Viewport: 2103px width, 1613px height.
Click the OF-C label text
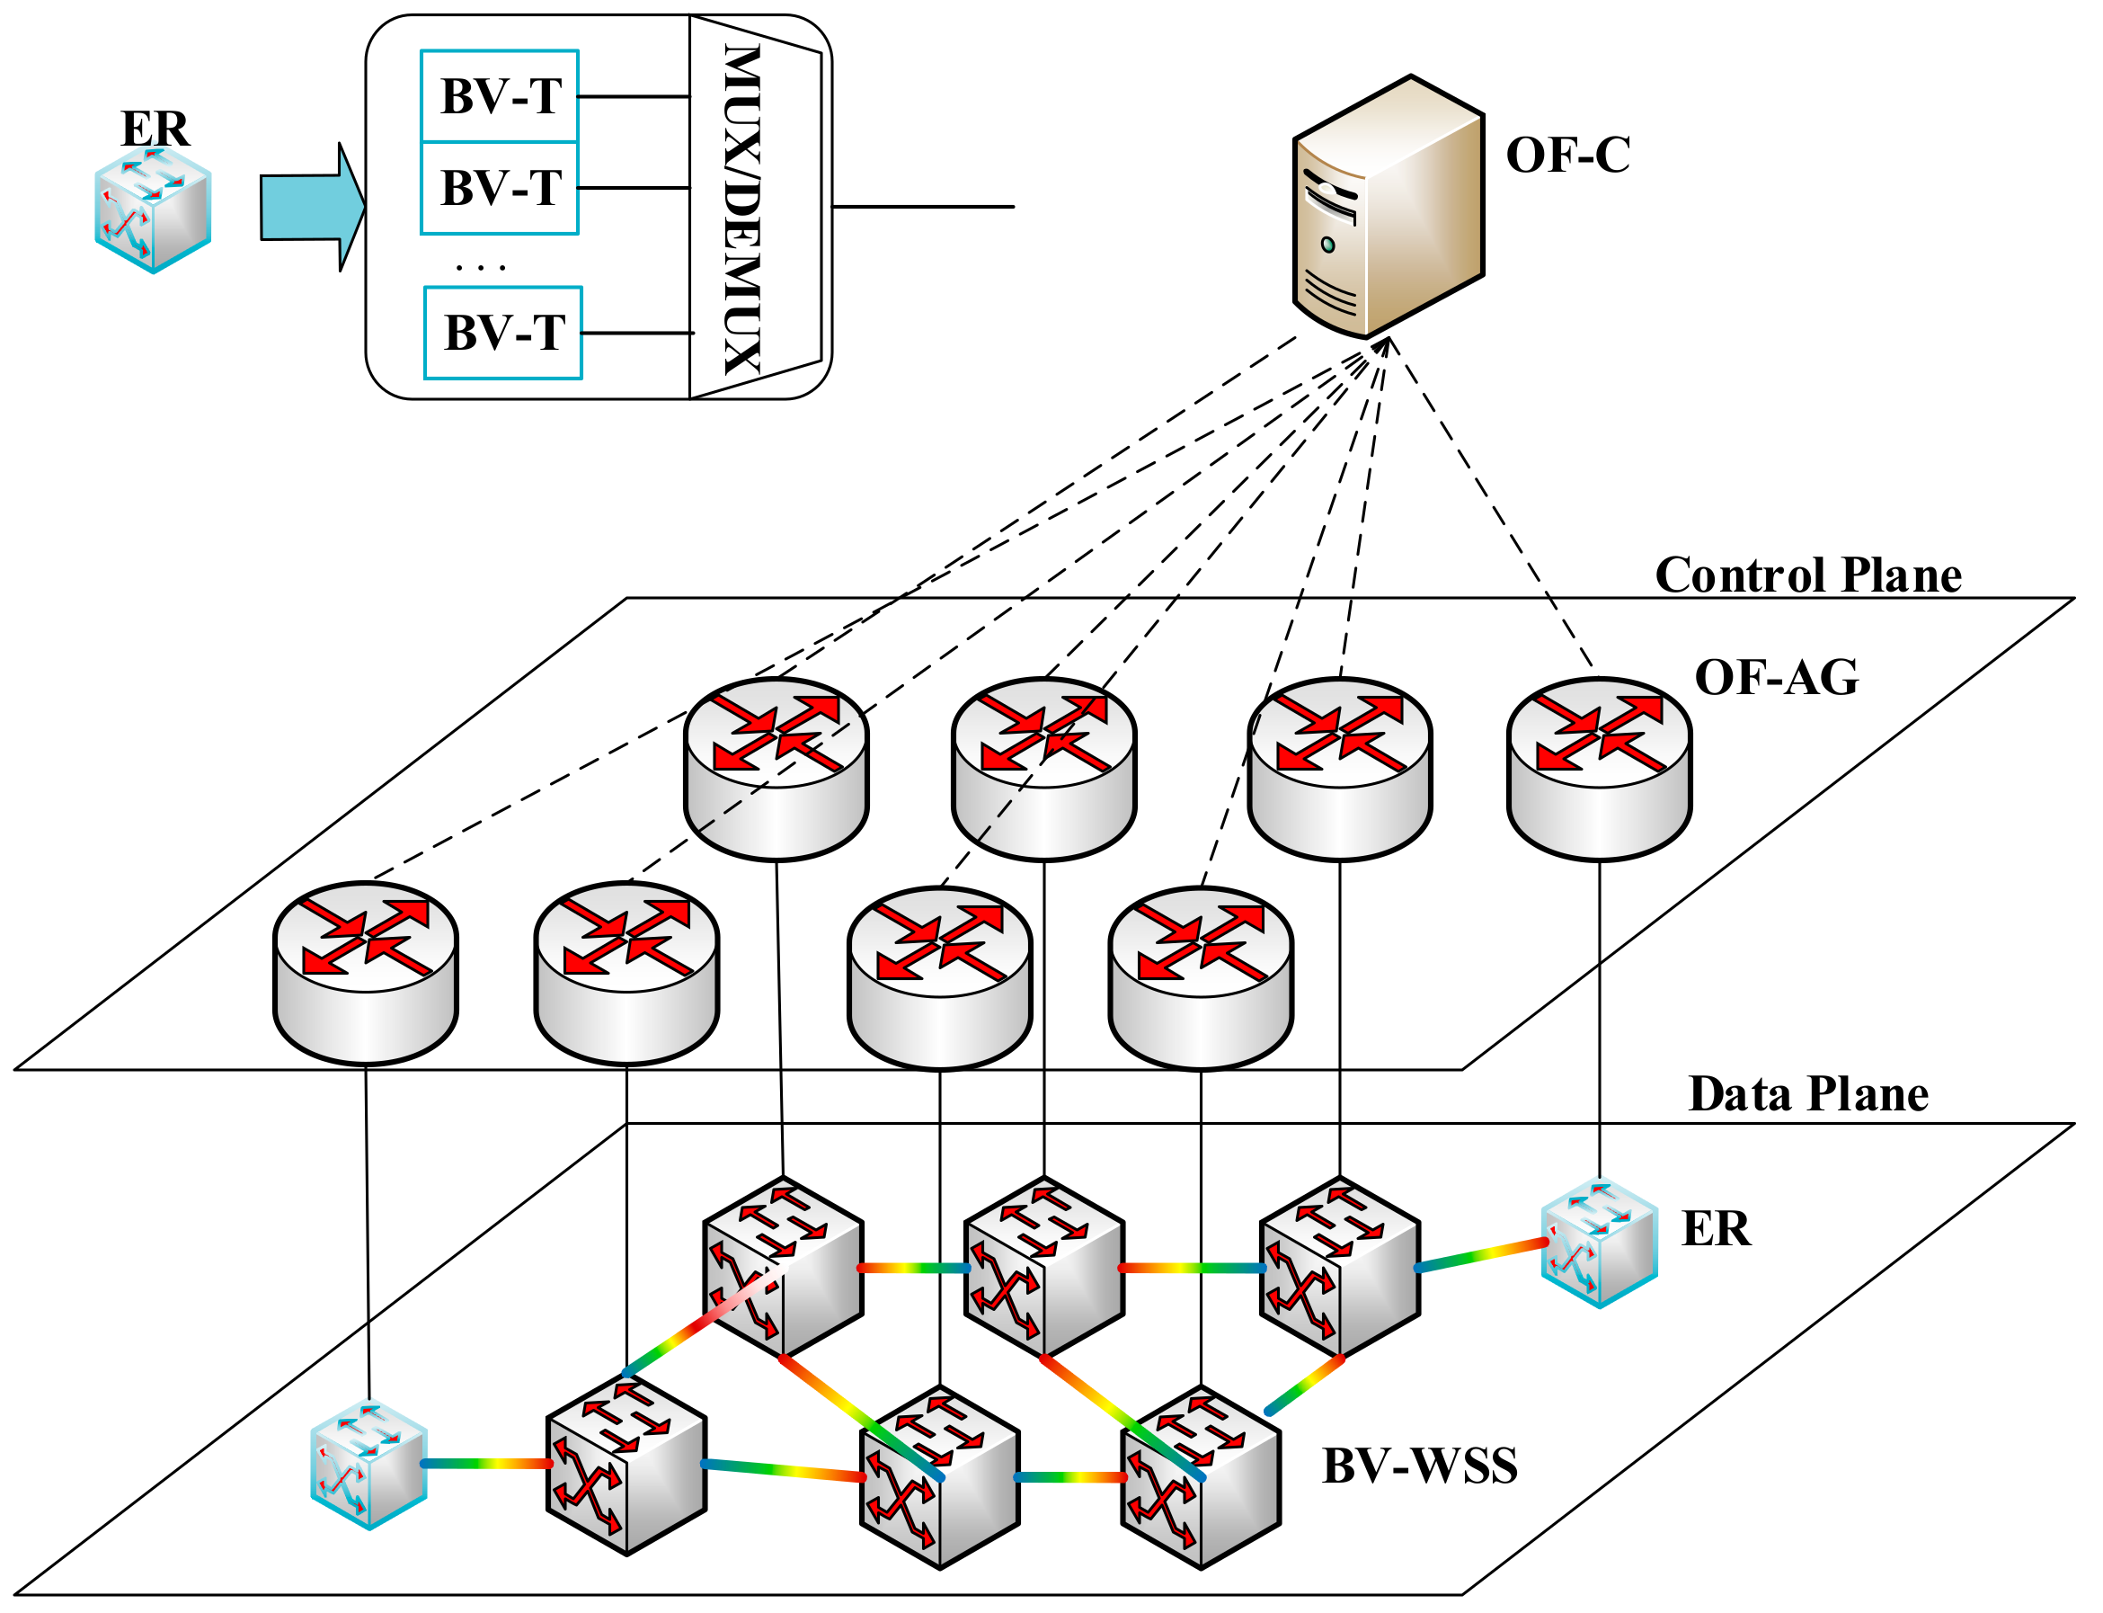[1566, 156]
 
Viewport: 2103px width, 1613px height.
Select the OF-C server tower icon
[1388, 208]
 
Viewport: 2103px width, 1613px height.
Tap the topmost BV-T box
[499, 96]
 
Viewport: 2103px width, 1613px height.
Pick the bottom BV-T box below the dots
[503, 332]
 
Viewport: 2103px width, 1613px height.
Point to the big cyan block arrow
[311, 208]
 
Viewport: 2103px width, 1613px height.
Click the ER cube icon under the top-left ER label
[153, 211]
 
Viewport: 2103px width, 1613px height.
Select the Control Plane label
[1807, 575]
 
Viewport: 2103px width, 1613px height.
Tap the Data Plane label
[1807, 1093]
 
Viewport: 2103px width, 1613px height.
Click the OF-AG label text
[1776, 677]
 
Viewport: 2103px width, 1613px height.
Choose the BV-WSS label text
[1419, 1466]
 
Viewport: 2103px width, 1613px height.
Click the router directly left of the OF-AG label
[1599, 768]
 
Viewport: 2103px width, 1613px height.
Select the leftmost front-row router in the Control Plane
[366, 973]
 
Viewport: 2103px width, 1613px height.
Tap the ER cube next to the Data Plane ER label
[1599, 1243]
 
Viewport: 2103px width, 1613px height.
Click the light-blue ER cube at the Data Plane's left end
[368, 1464]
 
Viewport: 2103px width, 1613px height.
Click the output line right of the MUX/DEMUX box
[921, 207]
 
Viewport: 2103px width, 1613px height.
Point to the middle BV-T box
[499, 188]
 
